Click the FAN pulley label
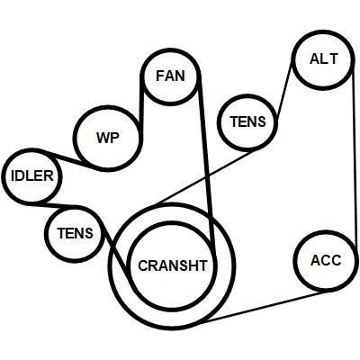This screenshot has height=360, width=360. (170, 76)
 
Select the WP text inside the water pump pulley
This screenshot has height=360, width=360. (108, 138)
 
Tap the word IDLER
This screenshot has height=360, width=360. (32, 175)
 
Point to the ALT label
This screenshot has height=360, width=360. (324, 58)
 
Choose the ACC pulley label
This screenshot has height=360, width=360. (326, 260)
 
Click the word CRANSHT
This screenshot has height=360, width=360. (173, 265)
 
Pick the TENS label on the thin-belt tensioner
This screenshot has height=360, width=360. (247, 121)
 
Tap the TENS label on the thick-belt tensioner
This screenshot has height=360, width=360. (76, 233)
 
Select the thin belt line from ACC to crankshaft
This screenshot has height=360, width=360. (263, 308)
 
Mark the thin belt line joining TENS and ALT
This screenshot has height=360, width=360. (284, 89)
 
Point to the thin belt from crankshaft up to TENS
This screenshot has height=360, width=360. (208, 177)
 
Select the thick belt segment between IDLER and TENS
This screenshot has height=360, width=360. (57, 206)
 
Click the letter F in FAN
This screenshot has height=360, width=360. (159, 76)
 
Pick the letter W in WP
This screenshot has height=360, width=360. (103, 138)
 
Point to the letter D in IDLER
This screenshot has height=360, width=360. (20, 175)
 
